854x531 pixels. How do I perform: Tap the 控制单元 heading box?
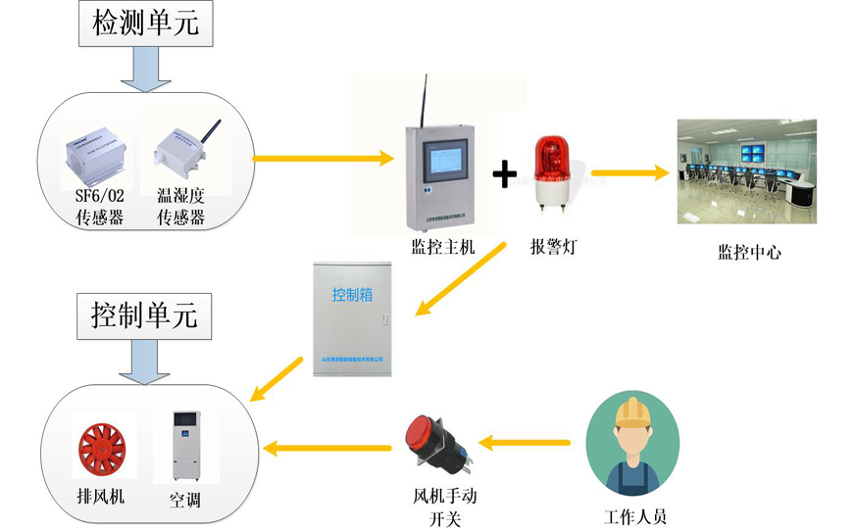(x=144, y=315)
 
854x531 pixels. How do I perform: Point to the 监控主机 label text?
(x=443, y=248)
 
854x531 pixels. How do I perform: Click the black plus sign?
(x=504, y=176)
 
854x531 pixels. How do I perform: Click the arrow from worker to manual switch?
(x=528, y=444)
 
